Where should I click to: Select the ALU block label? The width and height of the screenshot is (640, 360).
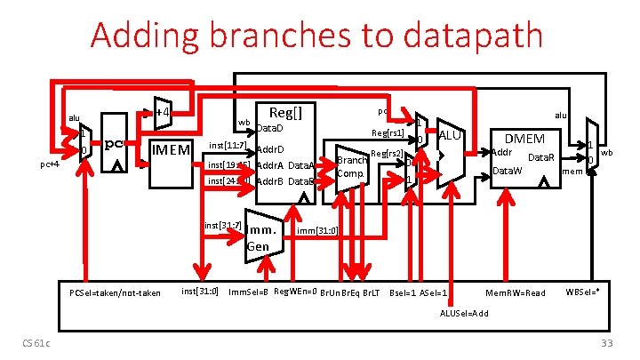(449, 135)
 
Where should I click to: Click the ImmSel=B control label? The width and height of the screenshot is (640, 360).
(249, 292)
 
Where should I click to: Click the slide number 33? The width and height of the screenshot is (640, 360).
(607, 344)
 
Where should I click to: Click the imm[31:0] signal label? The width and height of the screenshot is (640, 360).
(316, 232)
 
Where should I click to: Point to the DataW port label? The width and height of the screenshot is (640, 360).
(508, 170)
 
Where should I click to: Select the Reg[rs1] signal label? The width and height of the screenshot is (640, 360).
(388, 133)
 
